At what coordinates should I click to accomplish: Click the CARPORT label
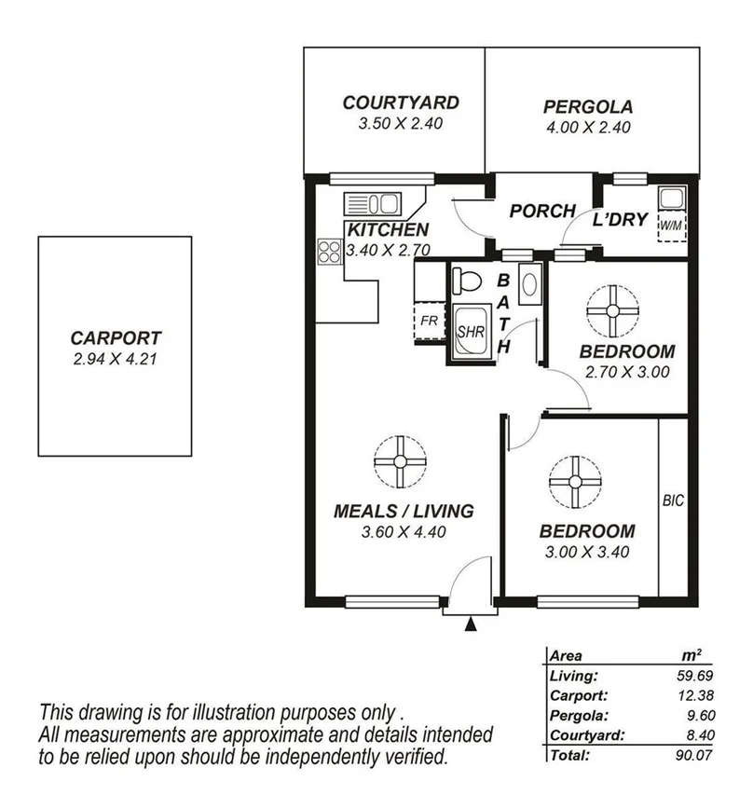pyautogui.click(x=115, y=339)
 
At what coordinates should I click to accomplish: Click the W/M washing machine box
pyautogui.click(x=669, y=226)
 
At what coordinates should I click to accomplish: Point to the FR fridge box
pyautogui.click(x=429, y=322)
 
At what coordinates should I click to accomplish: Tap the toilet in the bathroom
pyautogui.click(x=467, y=279)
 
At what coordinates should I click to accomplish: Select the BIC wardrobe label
pyautogui.click(x=672, y=500)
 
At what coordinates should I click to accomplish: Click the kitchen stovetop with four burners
pyautogui.click(x=329, y=251)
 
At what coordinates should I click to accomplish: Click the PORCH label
pyautogui.click(x=541, y=212)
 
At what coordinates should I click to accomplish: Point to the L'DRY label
pyautogui.click(x=622, y=221)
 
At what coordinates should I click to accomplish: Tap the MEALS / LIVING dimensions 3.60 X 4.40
pyautogui.click(x=404, y=533)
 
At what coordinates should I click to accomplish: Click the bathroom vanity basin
pyautogui.click(x=528, y=282)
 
